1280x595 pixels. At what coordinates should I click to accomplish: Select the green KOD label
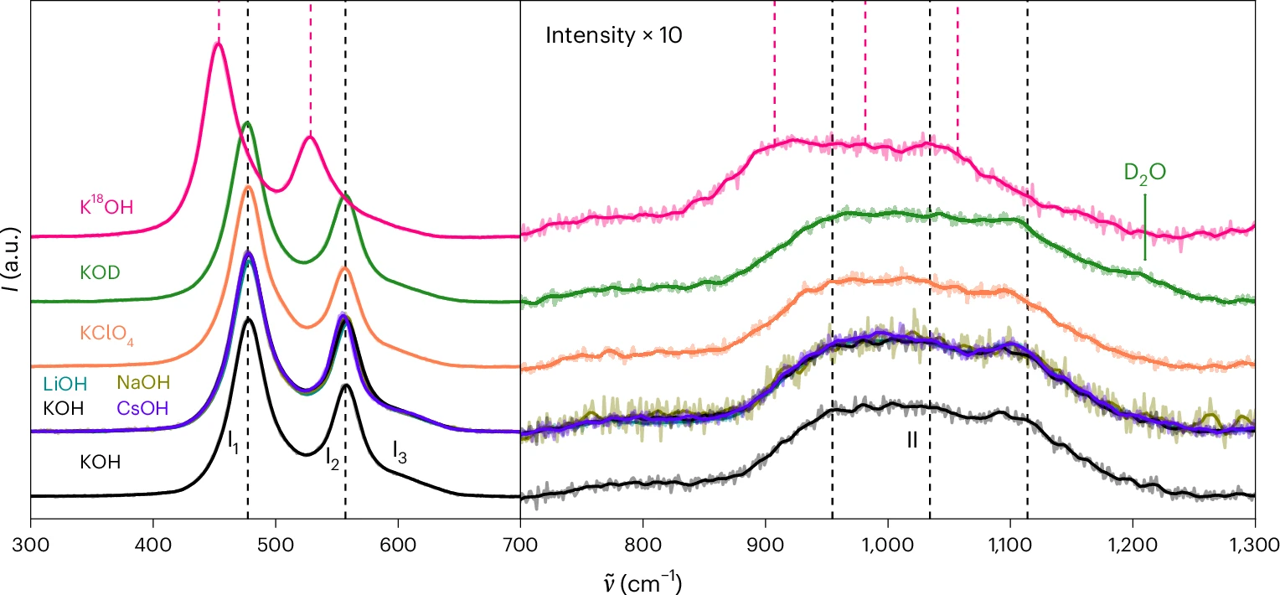coord(100,272)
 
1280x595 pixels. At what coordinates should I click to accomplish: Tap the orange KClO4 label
coord(107,334)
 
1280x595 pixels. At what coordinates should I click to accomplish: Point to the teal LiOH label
coord(65,384)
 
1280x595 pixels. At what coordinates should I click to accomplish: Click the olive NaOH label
coord(143,382)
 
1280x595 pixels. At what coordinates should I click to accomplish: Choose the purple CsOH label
coord(142,408)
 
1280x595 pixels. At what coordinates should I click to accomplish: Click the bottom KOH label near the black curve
coord(100,462)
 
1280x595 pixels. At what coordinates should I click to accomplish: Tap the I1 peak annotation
coord(233,442)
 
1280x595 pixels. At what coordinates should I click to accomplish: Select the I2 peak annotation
coord(332,458)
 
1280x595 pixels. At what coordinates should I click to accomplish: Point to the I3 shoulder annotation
coord(400,452)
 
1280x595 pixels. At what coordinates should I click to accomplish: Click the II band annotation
coord(912,440)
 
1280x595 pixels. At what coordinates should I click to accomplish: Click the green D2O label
coord(1144,173)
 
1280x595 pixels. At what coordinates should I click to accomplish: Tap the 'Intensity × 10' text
coord(614,35)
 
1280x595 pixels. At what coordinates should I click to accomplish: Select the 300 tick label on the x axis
coord(31,545)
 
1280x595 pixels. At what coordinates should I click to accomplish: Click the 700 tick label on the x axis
coord(520,545)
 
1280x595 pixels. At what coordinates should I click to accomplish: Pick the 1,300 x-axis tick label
coord(1256,545)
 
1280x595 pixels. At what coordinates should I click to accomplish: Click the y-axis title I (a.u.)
coord(11,259)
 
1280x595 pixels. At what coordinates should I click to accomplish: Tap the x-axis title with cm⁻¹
coord(642,583)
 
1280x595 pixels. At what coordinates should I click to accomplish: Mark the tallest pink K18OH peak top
coord(218,44)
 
